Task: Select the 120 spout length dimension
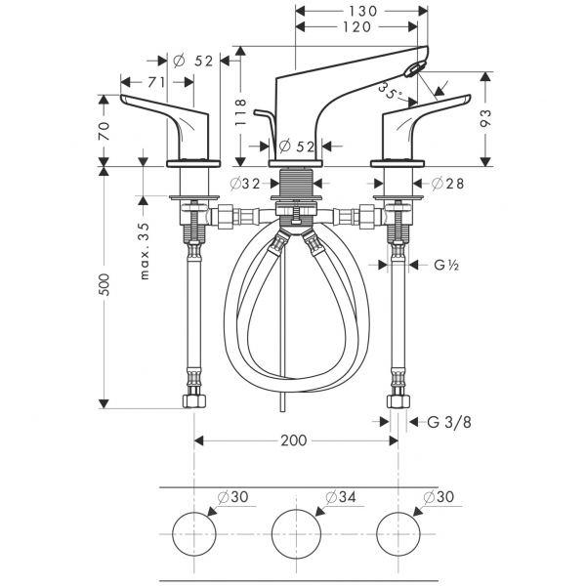tap(357, 26)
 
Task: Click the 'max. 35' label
tap(144, 250)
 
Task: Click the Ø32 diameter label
tap(245, 183)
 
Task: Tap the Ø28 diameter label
tap(446, 183)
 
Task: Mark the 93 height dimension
tap(489, 118)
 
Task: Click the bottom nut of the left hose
tap(193, 400)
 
